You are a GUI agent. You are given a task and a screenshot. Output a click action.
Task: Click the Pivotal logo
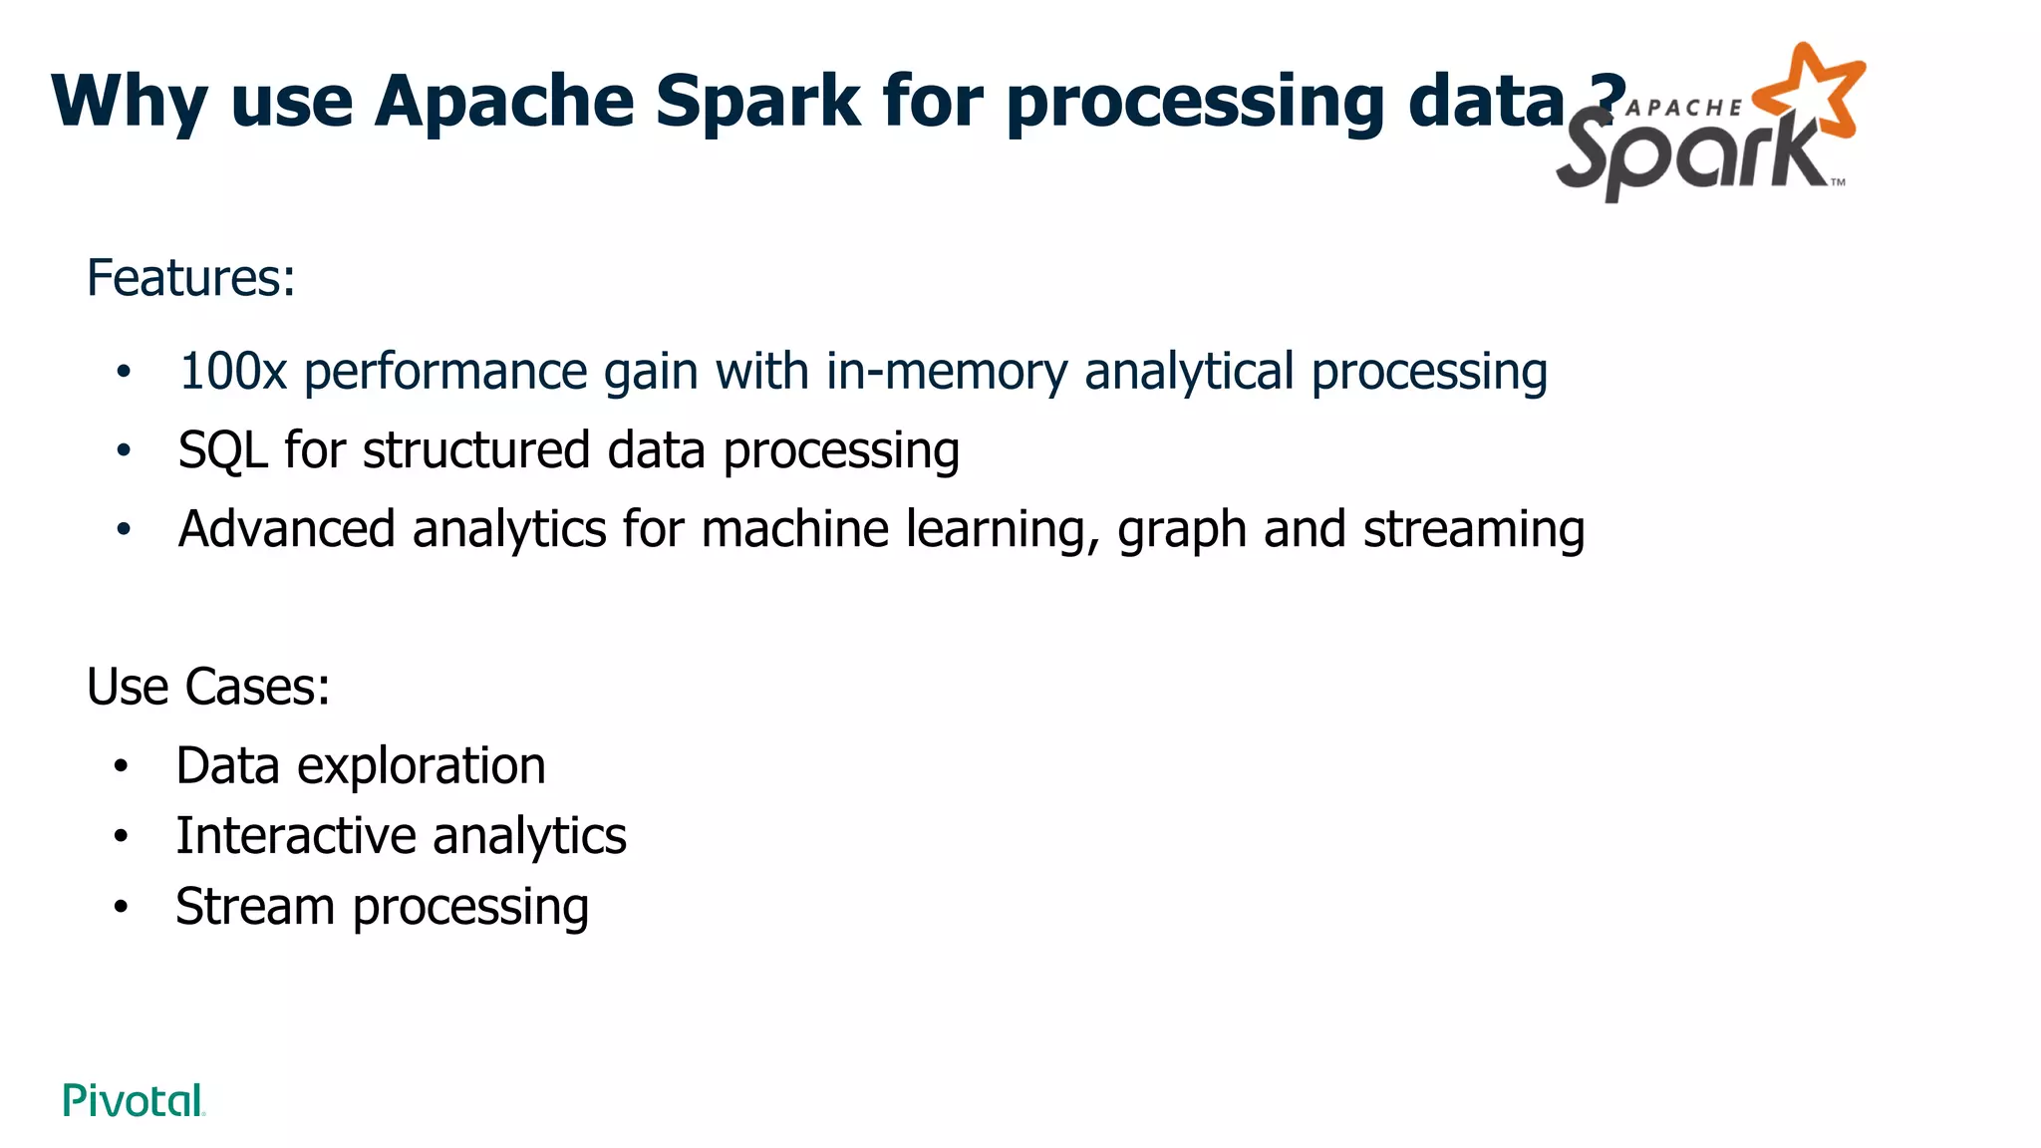tap(134, 1100)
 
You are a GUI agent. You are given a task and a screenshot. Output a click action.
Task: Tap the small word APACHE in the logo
tap(1684, 108)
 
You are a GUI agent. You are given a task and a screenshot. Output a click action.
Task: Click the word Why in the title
tap(130, 102)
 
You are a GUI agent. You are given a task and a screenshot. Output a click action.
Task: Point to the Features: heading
tap(190, 278)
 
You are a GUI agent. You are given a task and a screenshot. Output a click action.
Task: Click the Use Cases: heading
tap(207, 687)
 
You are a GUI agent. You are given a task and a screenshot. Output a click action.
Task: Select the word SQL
tap(222, 449)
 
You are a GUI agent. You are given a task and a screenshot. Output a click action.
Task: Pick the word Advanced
tap(286, 528)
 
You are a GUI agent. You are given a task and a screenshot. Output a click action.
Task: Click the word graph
tap(1181, 530)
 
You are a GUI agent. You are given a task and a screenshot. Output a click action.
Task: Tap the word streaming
tap(1474, 530)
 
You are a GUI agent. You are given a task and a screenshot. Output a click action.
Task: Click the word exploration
tap(421, 767)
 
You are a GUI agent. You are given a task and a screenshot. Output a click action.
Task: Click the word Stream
tap(254, 907)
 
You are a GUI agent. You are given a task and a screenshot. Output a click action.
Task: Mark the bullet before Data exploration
tap(121, 766)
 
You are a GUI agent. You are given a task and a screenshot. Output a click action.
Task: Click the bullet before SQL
tap(123, 450)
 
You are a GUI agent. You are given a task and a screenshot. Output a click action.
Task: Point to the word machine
tap(794, 528)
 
